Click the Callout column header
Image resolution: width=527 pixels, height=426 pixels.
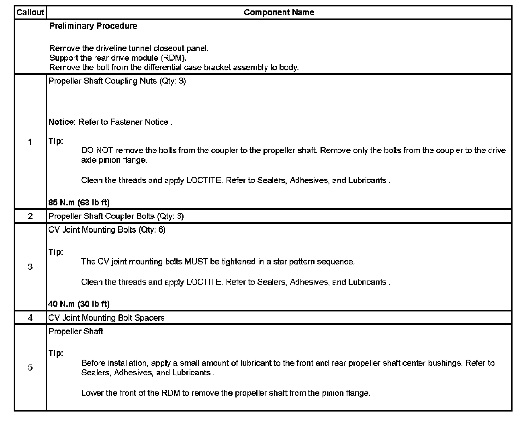tap(30, 12)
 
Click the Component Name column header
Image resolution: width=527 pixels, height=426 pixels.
tap(279, 12)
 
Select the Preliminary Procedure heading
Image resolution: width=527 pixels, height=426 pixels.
tap(93, 26)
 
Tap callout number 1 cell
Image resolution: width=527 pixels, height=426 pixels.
tap(30, 141)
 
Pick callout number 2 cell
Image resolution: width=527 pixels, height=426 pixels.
tap(30, 216)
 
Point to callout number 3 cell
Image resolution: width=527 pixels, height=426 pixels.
tap(30, 266)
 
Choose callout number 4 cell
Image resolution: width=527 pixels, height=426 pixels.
tap(30, 317)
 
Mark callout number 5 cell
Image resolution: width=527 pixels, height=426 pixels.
tap(30, 367)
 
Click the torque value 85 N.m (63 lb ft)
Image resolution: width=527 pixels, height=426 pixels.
tap(79, 202)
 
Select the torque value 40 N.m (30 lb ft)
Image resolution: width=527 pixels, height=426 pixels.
tap(79, 303)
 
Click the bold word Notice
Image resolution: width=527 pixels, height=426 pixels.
tap(62, 122)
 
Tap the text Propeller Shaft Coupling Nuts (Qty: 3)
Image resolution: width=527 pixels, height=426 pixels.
tap(117, 81)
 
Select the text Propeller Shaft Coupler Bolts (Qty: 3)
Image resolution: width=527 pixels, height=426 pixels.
tap(116, 216)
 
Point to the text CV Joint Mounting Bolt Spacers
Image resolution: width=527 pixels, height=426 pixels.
tap(106, 318)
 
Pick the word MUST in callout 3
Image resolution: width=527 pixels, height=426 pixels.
tap(196, 262)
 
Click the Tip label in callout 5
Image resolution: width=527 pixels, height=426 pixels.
tap(56, 353)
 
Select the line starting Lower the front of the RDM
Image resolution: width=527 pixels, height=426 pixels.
tap(225, 393)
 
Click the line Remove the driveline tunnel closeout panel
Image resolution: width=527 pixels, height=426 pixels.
tap(129, 48)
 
